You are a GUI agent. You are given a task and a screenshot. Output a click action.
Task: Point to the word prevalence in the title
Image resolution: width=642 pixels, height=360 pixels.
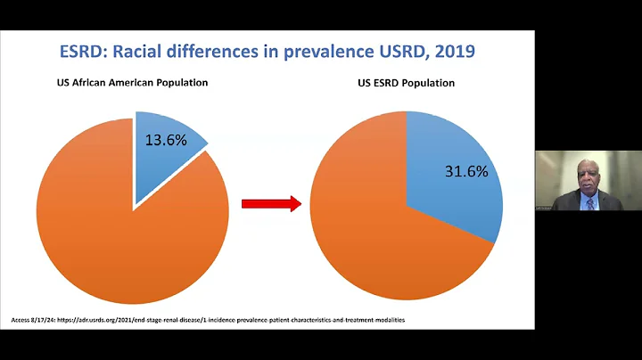click(331, 51)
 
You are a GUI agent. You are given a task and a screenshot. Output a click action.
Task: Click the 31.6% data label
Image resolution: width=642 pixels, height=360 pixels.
click(466, 172)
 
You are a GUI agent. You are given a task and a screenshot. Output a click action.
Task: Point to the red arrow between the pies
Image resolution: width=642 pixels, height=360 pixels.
click(270, 204)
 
